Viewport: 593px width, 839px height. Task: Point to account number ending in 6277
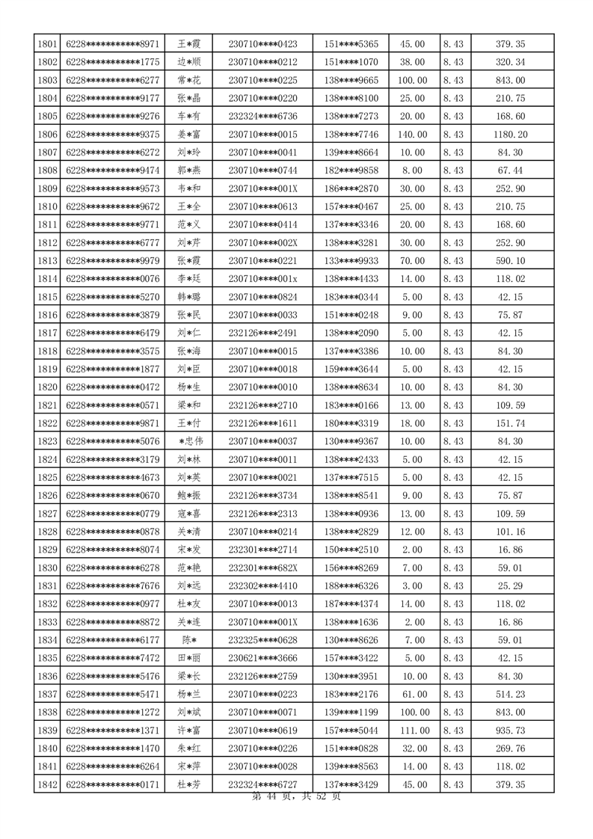pyautogui.click(x=113, y=80)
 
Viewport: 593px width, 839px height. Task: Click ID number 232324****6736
pyautogui.click(x=262, y=116)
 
